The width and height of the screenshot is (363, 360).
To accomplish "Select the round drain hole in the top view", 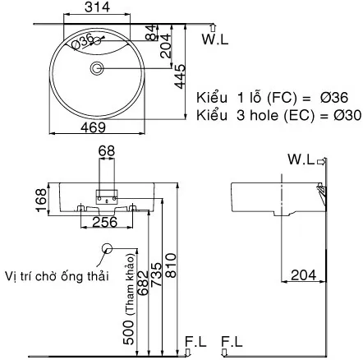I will [97, 67].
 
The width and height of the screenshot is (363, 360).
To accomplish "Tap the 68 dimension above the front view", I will [108, 150].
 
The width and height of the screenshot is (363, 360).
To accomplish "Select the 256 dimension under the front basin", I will [104, 221].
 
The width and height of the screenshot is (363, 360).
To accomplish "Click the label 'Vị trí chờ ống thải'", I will [55, 275].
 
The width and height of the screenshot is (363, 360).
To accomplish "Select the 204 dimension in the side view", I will [302, 276].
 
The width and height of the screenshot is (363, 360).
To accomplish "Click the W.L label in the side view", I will [301, 159].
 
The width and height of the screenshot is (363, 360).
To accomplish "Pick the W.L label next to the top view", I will [215, 39].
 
